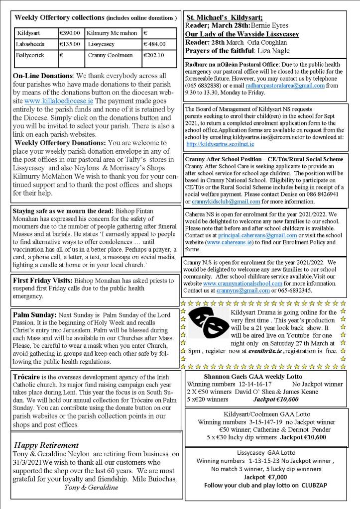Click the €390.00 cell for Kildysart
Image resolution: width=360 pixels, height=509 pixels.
pyautogui.click(x=70, y=33)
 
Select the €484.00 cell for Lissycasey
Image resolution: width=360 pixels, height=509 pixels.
pyautogui.click(x=154, y=44)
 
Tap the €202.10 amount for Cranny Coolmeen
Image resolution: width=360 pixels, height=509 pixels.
pyautogui.click(x=154, y=55)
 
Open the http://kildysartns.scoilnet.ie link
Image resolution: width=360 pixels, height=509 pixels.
pyautogui.click(x=220, y=144)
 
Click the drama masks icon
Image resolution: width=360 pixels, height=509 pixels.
pyautogui.click(x=209, y=322)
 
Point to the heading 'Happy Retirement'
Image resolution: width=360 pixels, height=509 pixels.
pyautogui.click(x=46, y=445)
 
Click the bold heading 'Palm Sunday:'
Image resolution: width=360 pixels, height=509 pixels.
pyautogui.click(x=34, y=315)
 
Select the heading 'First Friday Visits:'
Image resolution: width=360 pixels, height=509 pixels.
pyautogui.click(x=49, y=280)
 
